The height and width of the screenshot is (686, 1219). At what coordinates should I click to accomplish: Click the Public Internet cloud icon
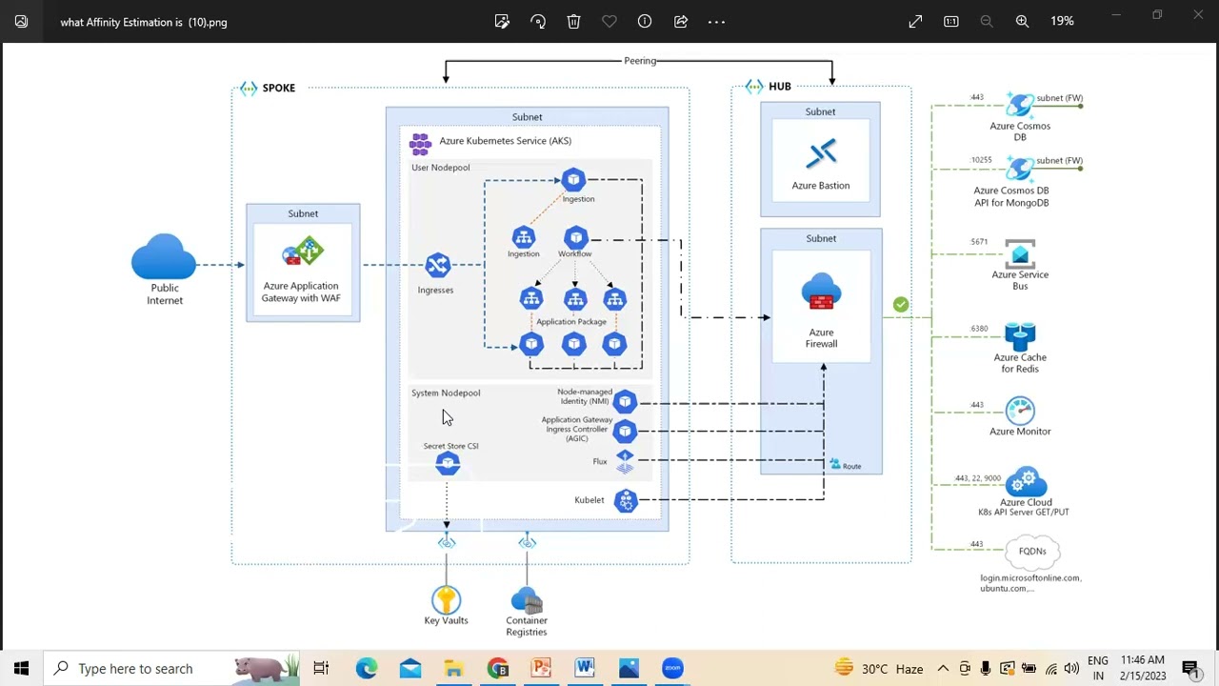click(x=164, y=257)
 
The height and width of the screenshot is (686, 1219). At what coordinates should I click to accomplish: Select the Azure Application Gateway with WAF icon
click(x=303, y=254)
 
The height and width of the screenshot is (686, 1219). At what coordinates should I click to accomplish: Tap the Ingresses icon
click(x=437, y=265)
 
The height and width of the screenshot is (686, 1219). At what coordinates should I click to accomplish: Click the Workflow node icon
click(x=575, y=237)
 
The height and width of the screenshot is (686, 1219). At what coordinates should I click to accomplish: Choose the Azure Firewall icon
click(x=821, y=293)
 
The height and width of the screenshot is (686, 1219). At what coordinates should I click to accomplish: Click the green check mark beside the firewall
click(x=901, y=305)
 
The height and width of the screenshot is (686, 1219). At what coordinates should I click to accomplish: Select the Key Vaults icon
click(x=446, y=600)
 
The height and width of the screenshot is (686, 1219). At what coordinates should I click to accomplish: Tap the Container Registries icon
click(x=527, y=601)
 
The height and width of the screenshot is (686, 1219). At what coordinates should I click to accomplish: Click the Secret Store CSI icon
click(x=448, y=464)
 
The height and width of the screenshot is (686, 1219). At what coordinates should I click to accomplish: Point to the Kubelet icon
click(x=626, y=500)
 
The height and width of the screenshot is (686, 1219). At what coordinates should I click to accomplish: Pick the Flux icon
click(x=625, y=462)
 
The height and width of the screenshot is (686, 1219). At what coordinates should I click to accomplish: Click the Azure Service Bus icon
click(x=1020, y=254)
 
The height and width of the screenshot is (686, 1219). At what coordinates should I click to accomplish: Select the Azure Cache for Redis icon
click(x=1020, y=337)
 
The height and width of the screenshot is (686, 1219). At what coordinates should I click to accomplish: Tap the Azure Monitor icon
click(x=1020, y=411)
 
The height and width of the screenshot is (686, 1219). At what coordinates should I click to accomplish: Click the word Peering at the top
click(x=640, y=61)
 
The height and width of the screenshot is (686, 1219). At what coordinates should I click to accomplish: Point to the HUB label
click(x=779, y=87)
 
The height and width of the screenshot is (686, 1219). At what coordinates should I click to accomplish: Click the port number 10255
click(x=981, y=160)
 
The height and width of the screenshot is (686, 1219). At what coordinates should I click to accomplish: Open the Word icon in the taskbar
click(x=585, y=669)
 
